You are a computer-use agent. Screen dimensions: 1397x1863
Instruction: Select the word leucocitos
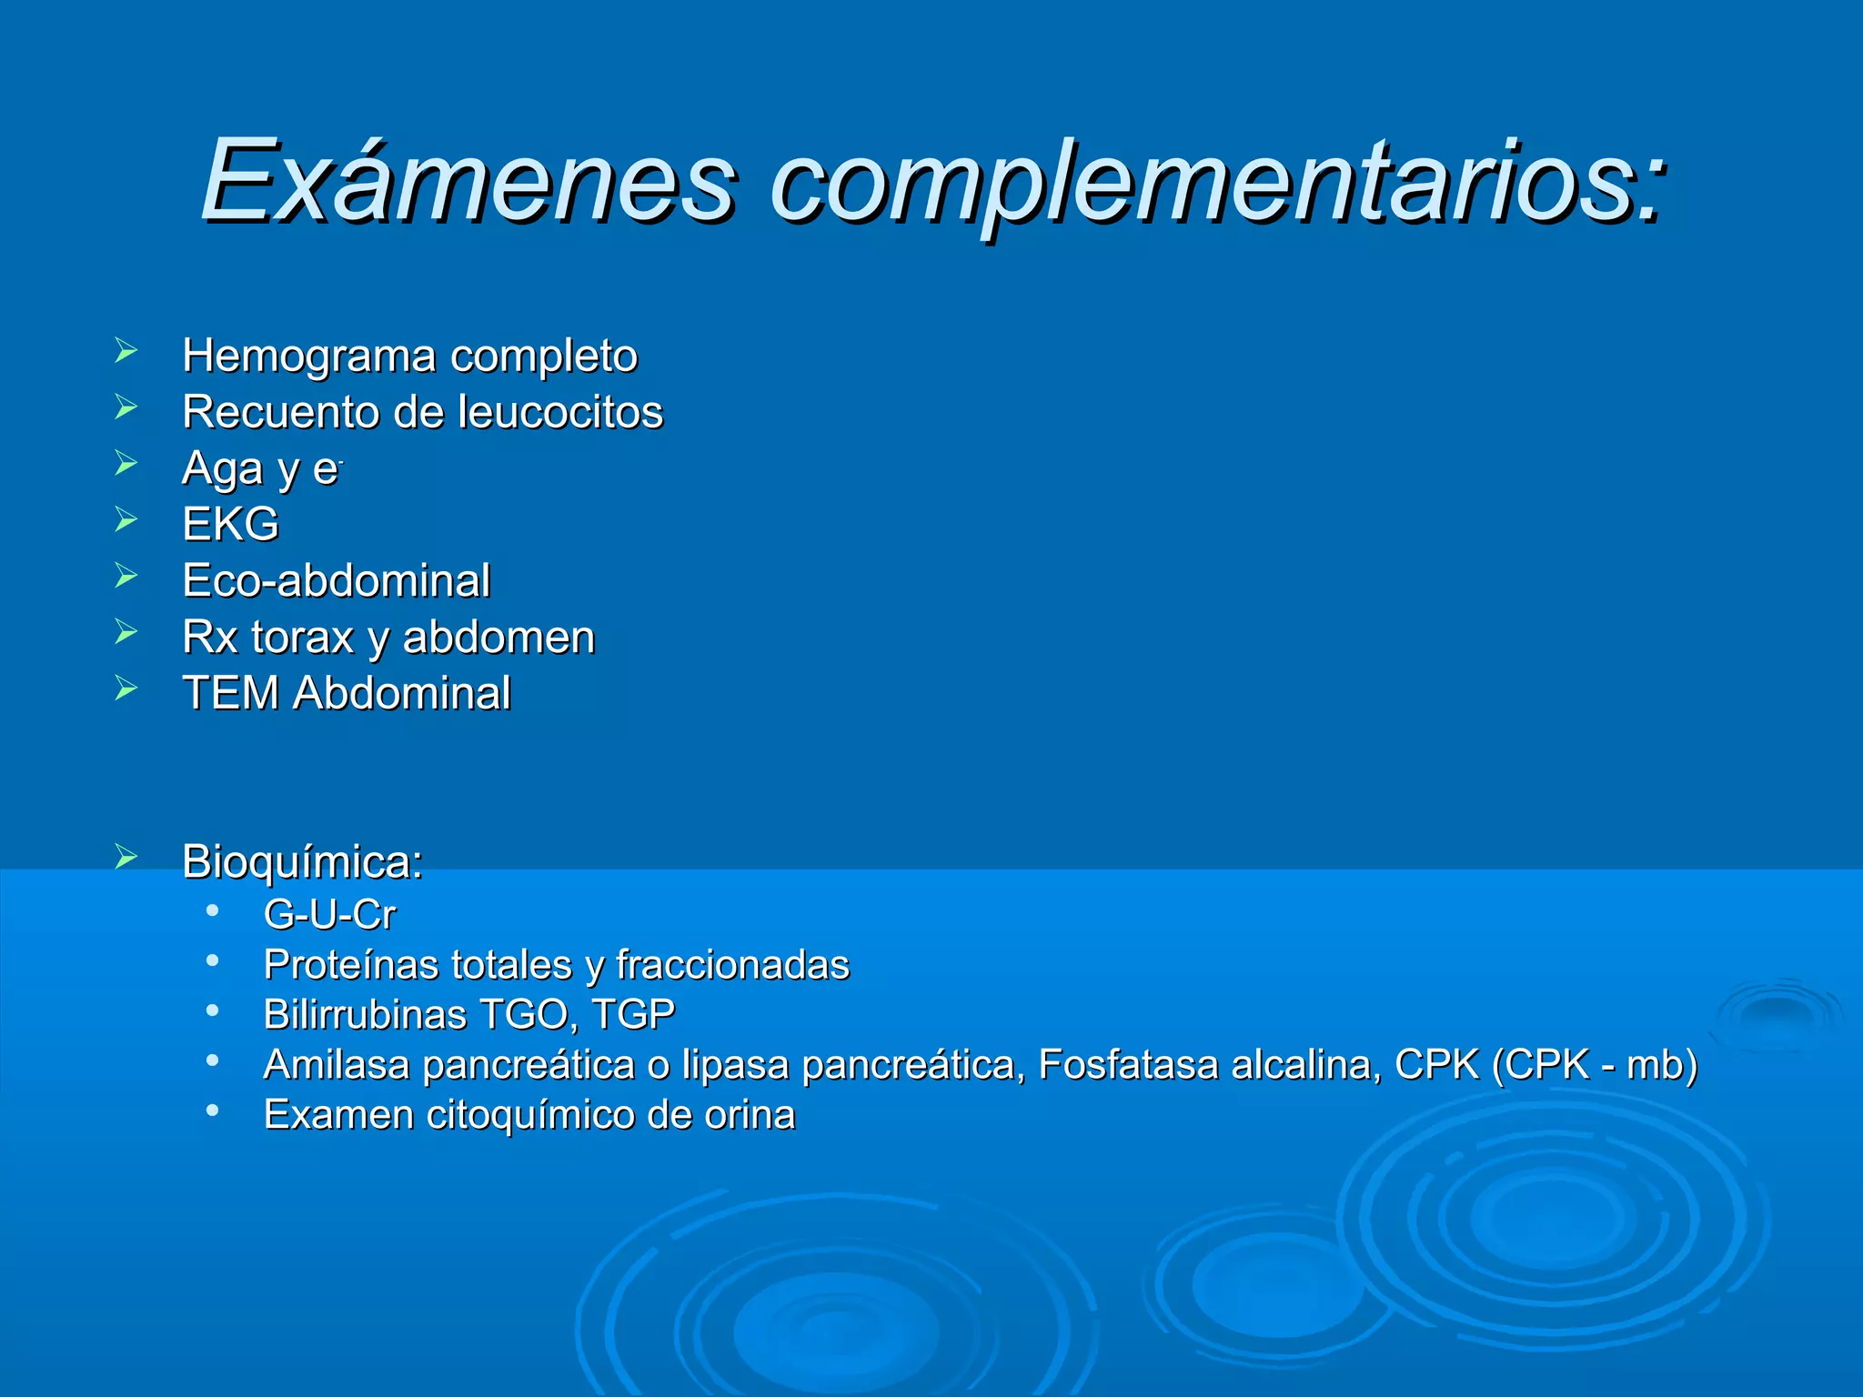560,411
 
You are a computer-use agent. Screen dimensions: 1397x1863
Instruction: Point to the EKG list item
230,524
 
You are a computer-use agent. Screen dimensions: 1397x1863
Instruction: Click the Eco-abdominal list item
336,580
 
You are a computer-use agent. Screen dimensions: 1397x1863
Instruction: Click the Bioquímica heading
302,861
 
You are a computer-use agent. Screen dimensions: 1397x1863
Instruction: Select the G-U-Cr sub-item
329,914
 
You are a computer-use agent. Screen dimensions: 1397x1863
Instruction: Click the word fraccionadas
732,964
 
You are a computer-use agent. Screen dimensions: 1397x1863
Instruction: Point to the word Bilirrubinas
357,1014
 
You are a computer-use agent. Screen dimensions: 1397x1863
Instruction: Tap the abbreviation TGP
633,1014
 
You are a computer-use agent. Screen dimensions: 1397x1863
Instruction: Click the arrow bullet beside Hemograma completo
126,350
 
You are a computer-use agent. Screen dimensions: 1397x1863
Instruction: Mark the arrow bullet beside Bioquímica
126,856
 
